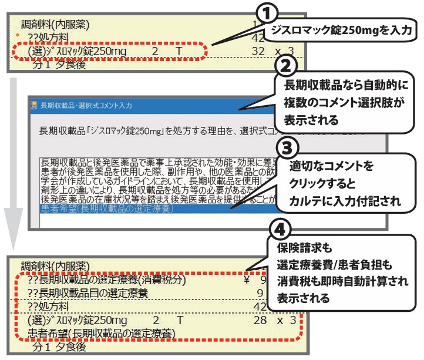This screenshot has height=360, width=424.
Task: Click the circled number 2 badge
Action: click(292, 63)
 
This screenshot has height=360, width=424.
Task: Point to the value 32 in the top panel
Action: click(257, 52)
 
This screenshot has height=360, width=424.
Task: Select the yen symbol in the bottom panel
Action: click(247, 280)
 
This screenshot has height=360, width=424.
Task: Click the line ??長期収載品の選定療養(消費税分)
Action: click(106, 280)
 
